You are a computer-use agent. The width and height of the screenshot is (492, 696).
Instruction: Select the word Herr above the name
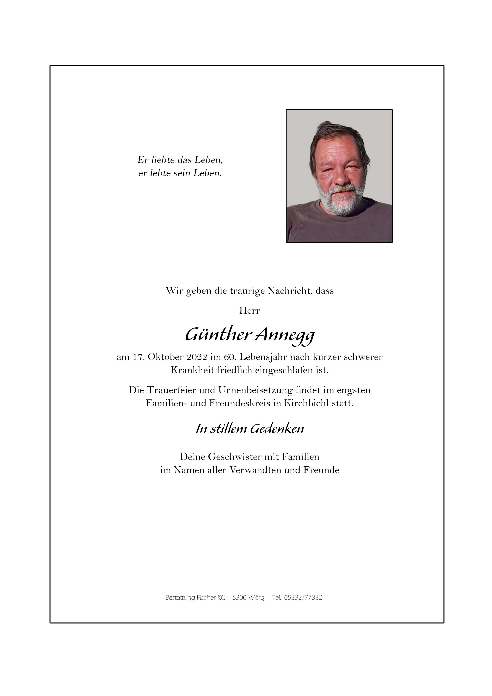(250, 311)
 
